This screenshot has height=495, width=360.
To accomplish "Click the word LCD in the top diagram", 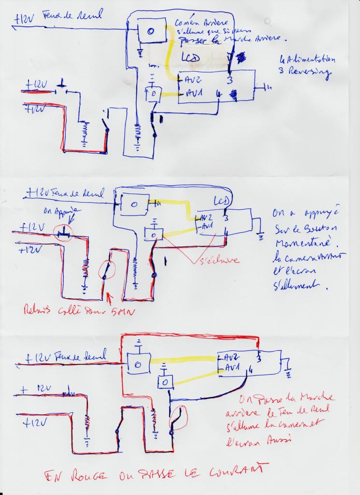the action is coord(190,58).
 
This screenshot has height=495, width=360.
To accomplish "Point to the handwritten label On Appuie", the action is coord(67,211).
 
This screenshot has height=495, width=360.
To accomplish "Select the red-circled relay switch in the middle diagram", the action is coord(105,270).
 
